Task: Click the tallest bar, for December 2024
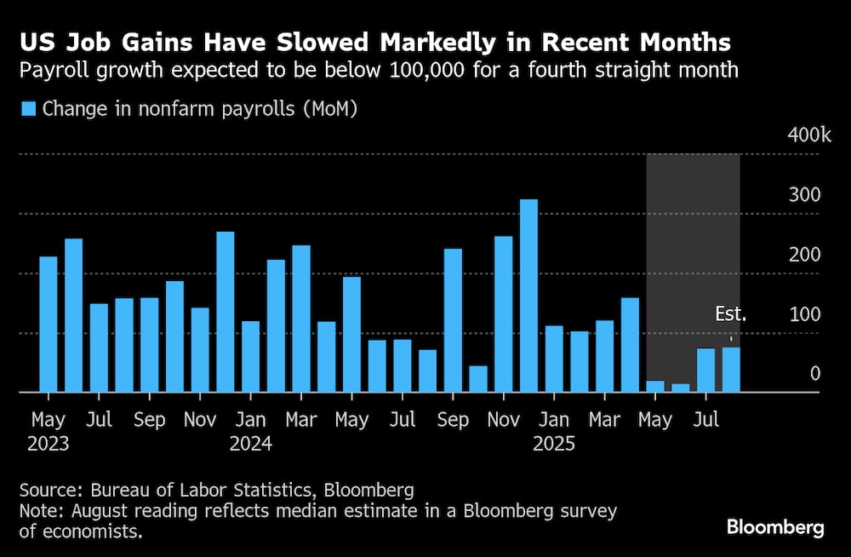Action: point(528,296)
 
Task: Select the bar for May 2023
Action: point(48,324)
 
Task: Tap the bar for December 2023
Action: point(225,312)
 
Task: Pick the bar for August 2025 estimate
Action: point(731,370)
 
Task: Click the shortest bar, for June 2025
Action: point(680,388)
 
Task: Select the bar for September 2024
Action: point(453,320)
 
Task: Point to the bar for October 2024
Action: point(478,379)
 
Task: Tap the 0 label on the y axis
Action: point(814,374)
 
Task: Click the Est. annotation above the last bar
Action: point(729,314)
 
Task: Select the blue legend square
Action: point(28,108)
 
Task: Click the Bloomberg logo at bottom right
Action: point(775,527)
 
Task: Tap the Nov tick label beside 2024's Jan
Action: point(201,420)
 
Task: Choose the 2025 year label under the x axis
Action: point(554,444)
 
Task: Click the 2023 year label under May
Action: point(49,444)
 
